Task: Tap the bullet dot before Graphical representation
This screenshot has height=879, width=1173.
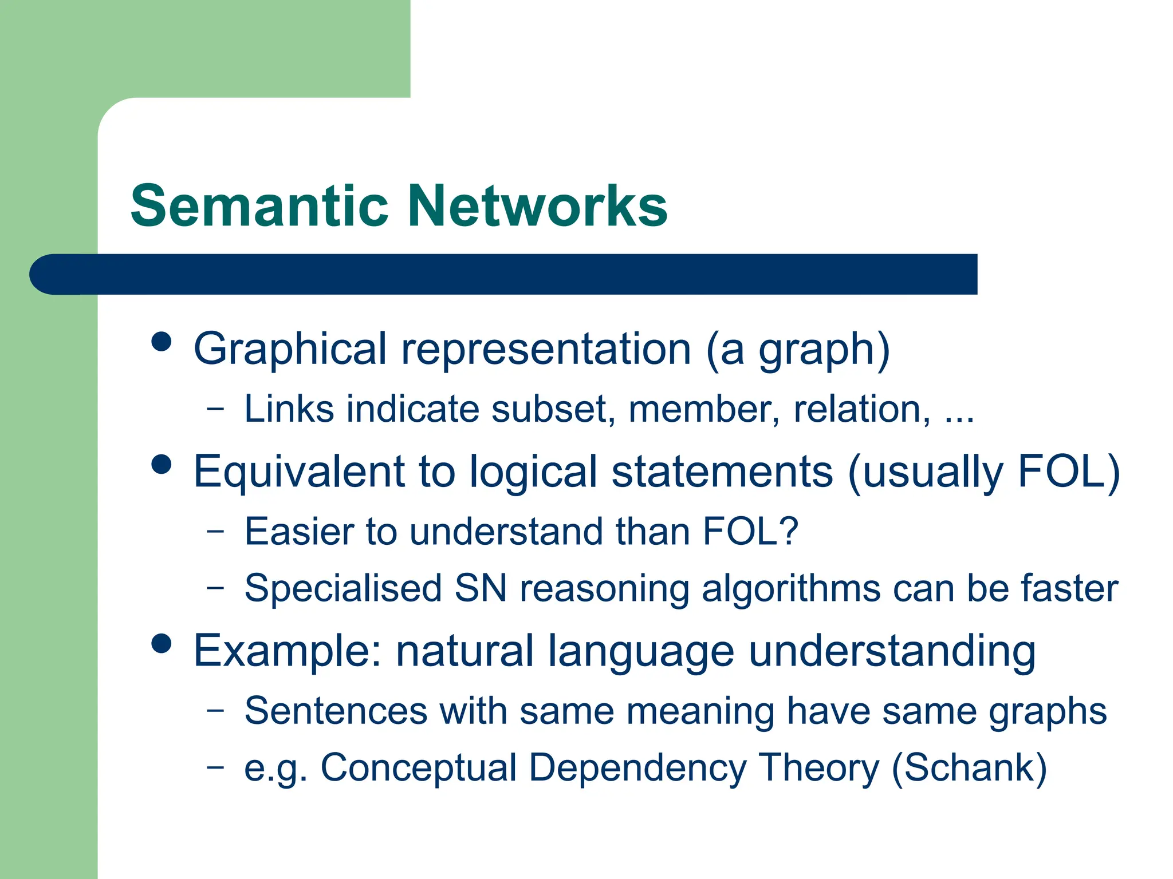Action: click(x=162, y=342)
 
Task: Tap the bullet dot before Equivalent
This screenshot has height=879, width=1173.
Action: click(x=162, y=464)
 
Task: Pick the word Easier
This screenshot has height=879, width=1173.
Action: click(x=298, y=532)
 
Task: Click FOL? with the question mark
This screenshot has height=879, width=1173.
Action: click(x=750, y=532)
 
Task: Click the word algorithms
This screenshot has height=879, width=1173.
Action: click(x=791, y=589)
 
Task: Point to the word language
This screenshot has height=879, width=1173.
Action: click(x=641, y=652)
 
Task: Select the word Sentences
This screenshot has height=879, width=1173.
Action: click(x=336, y=711)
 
